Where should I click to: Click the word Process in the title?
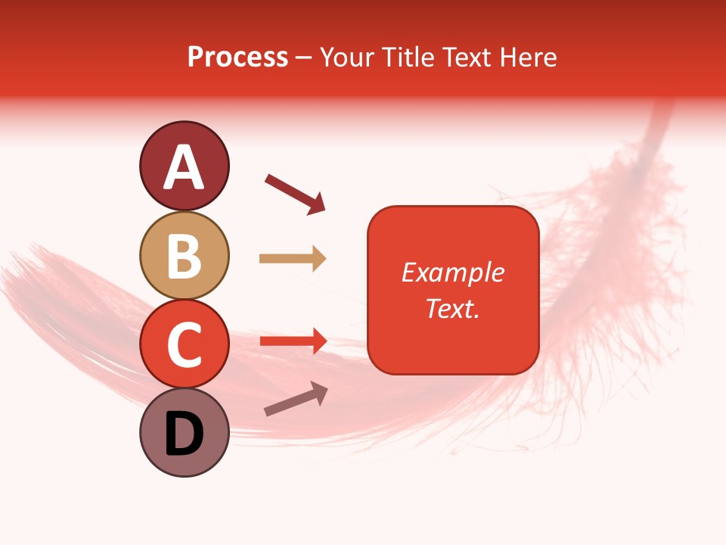(237, 58)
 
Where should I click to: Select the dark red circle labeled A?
(184, 166)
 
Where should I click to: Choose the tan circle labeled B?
(184, 255)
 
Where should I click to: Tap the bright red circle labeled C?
(184, 344)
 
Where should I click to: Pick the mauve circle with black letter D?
(184, 433)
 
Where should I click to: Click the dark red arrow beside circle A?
(295, 193)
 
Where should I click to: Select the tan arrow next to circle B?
(293, 259)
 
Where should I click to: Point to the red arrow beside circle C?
(293, 341)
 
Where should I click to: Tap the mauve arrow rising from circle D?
(296, 398)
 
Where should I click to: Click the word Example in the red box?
(452, 272)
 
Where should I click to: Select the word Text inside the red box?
(449, 308)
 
